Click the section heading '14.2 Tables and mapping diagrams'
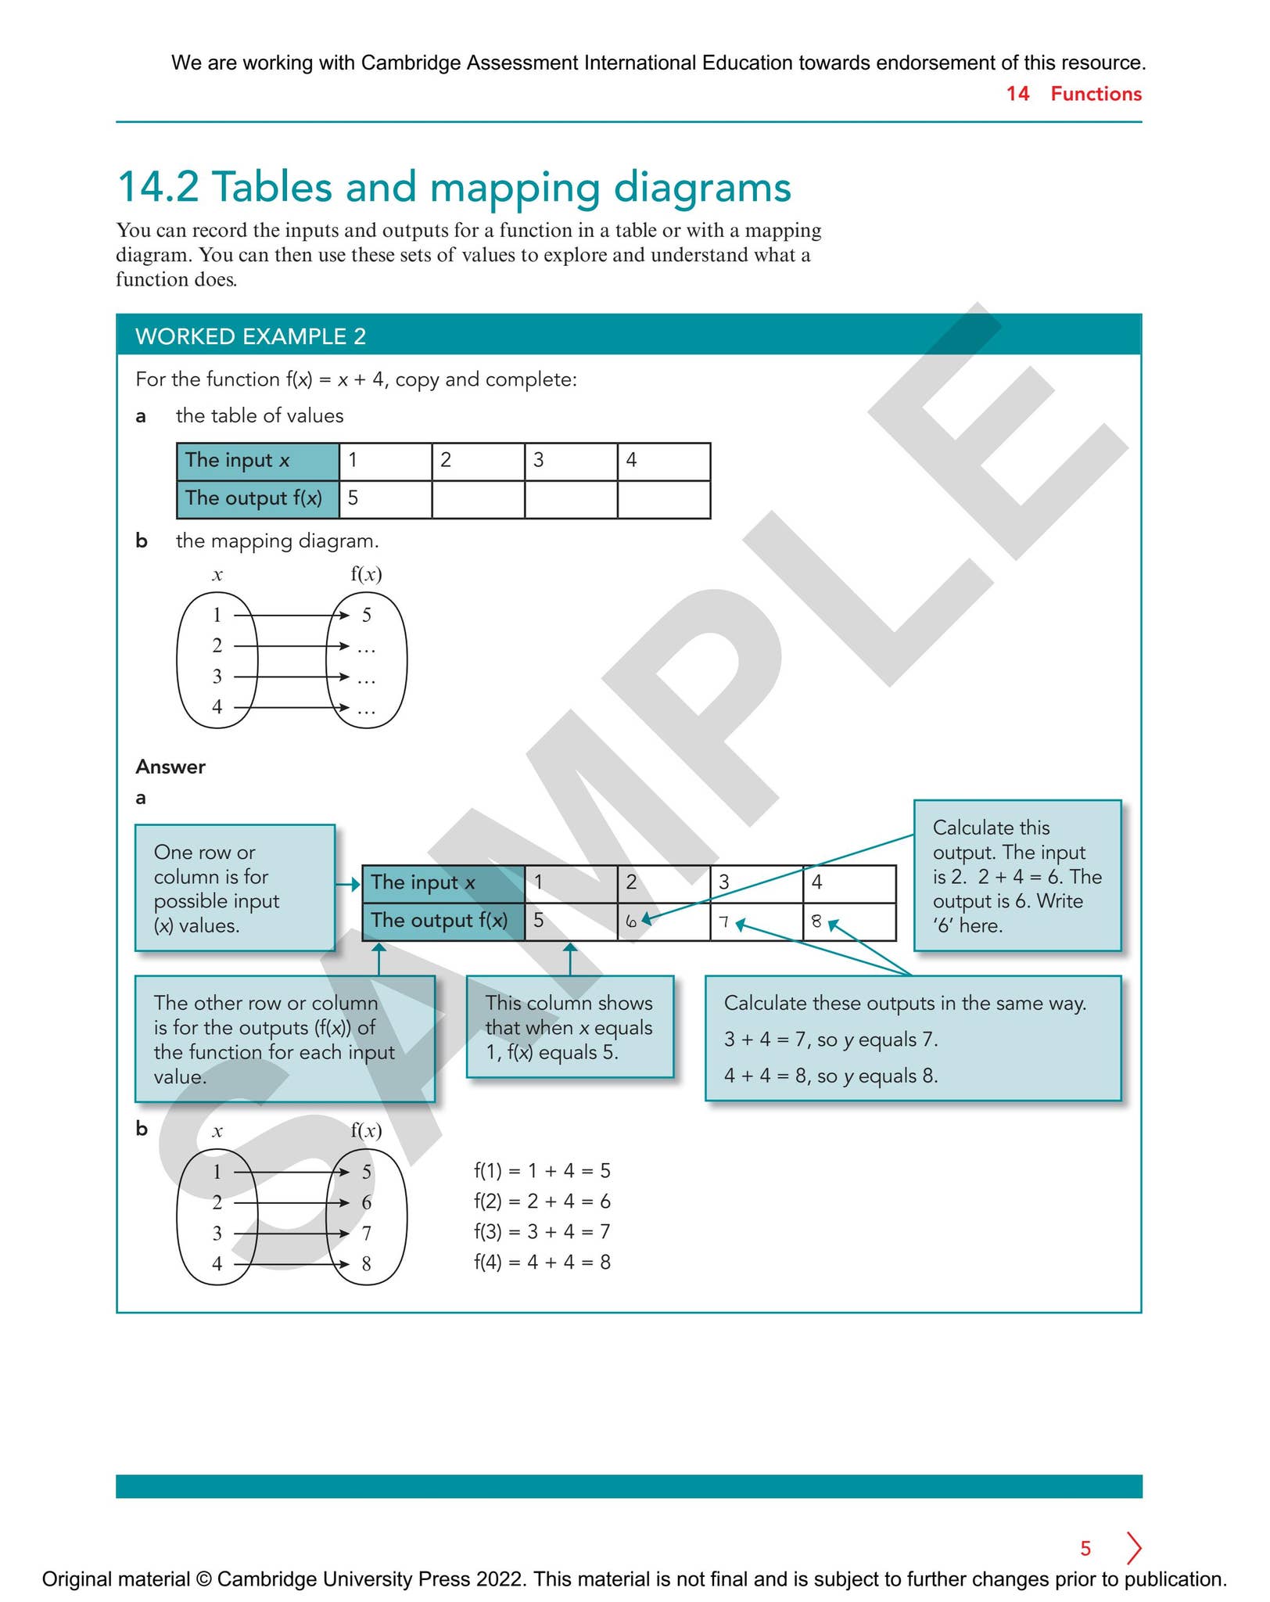click(454, 188)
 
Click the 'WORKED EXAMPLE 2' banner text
click(250, 336)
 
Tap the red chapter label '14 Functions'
click(1074, 94)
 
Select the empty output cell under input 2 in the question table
click(478, 499)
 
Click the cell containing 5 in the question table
click(386, 499)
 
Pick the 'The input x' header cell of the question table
click(258, 462)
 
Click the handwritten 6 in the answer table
click(631, 922)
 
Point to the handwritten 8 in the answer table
click(816, 921)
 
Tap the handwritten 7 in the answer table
click(724, 922)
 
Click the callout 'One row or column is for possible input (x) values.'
click(235, 888)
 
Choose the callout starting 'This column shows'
click(570, 1027)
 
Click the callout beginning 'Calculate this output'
click(1017, 875)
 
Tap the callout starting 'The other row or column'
click(285, 1039)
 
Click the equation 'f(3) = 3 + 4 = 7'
click(542, 1231)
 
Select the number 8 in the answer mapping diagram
click(366, 1263)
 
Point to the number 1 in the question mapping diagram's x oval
click(217, 615)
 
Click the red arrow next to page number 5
click(1134, 1547)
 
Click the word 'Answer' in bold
click(170, 767)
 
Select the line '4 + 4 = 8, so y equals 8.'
click(831, 1076)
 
